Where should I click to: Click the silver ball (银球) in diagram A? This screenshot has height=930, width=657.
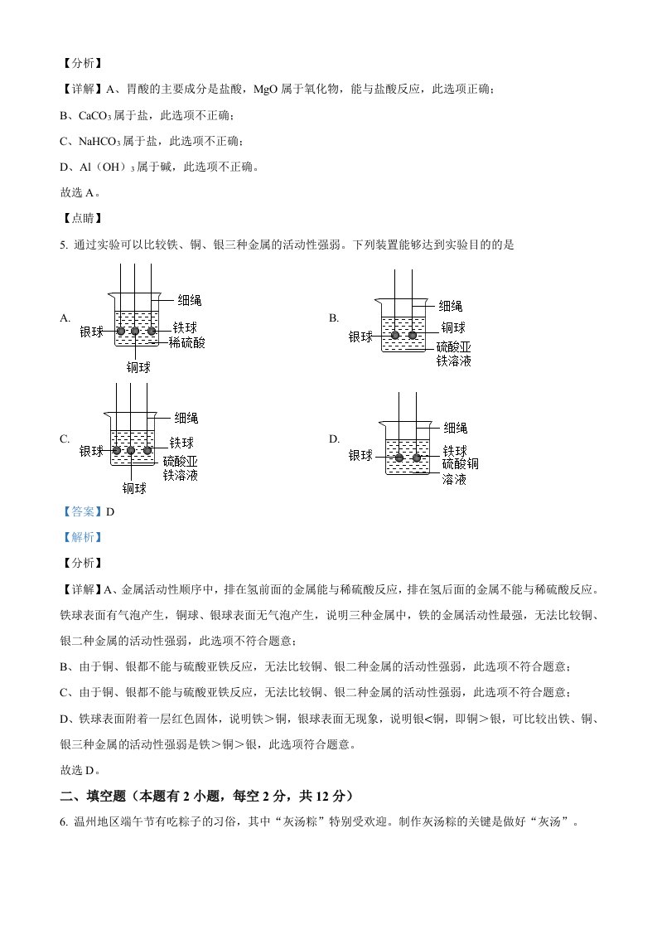(121, 332)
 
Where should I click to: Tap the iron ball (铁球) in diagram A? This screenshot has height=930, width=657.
(152, 332)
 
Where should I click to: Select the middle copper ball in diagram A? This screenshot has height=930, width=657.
(136, 332)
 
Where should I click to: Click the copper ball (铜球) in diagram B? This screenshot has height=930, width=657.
(413, 335)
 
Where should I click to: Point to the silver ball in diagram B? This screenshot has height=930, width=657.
(395, 335)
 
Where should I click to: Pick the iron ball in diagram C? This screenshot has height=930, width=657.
(147, 451)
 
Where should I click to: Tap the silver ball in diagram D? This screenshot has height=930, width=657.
(399, 458)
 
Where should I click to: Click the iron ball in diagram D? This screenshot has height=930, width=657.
(417, 458)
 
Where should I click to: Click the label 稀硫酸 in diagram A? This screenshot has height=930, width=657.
(187, 341)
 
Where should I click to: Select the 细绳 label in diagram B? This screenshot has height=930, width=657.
(451, 306)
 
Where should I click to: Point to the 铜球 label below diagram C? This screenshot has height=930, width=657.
(134, 488)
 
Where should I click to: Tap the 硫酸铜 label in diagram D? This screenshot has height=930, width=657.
(461, 464)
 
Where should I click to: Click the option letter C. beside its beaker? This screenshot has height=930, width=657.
(65, 439)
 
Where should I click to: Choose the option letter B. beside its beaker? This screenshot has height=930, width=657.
(334, 317)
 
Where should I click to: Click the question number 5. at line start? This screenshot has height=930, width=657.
(65, 245)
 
